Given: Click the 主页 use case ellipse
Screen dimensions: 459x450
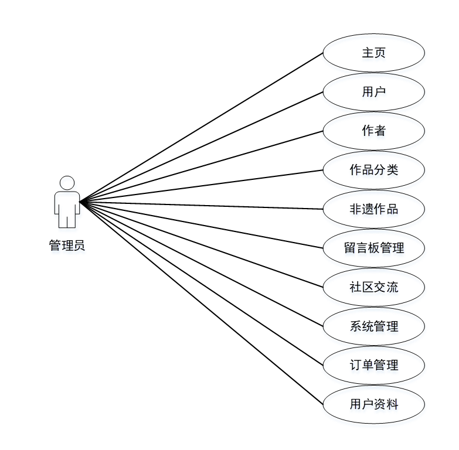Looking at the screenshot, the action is (373, 53).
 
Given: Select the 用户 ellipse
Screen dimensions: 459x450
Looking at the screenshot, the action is (373, 92).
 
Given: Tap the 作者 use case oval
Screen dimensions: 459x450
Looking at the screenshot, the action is (373, 131).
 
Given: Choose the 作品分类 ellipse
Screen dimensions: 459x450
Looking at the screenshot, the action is (373, 170).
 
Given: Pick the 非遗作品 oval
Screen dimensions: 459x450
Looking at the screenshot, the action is (373, 209).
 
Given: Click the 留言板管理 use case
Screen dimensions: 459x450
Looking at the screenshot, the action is (373, 248).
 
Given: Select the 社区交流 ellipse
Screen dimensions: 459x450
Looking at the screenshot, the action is (373, 287).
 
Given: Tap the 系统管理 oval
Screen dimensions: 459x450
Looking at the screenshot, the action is (373, 326).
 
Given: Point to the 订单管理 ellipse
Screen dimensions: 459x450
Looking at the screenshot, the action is (373, 365).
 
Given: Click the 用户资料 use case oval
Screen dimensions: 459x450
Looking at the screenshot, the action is (373, 404).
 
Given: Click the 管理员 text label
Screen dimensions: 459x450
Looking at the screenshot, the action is (67, 246).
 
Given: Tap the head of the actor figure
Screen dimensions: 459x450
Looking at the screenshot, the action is (67, 183).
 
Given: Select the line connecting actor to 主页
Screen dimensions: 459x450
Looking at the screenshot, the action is (202, 127).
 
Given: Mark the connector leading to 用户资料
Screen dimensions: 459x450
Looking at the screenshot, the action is (202, 303).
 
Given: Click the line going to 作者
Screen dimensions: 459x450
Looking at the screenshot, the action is (202, 166).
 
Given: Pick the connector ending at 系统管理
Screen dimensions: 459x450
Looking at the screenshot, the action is (202, 264).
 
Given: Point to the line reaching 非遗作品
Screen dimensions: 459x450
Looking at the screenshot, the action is (202, 206).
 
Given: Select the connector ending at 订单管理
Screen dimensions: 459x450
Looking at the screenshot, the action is (202, 284).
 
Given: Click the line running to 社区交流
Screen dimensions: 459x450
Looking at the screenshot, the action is (202, 244).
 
